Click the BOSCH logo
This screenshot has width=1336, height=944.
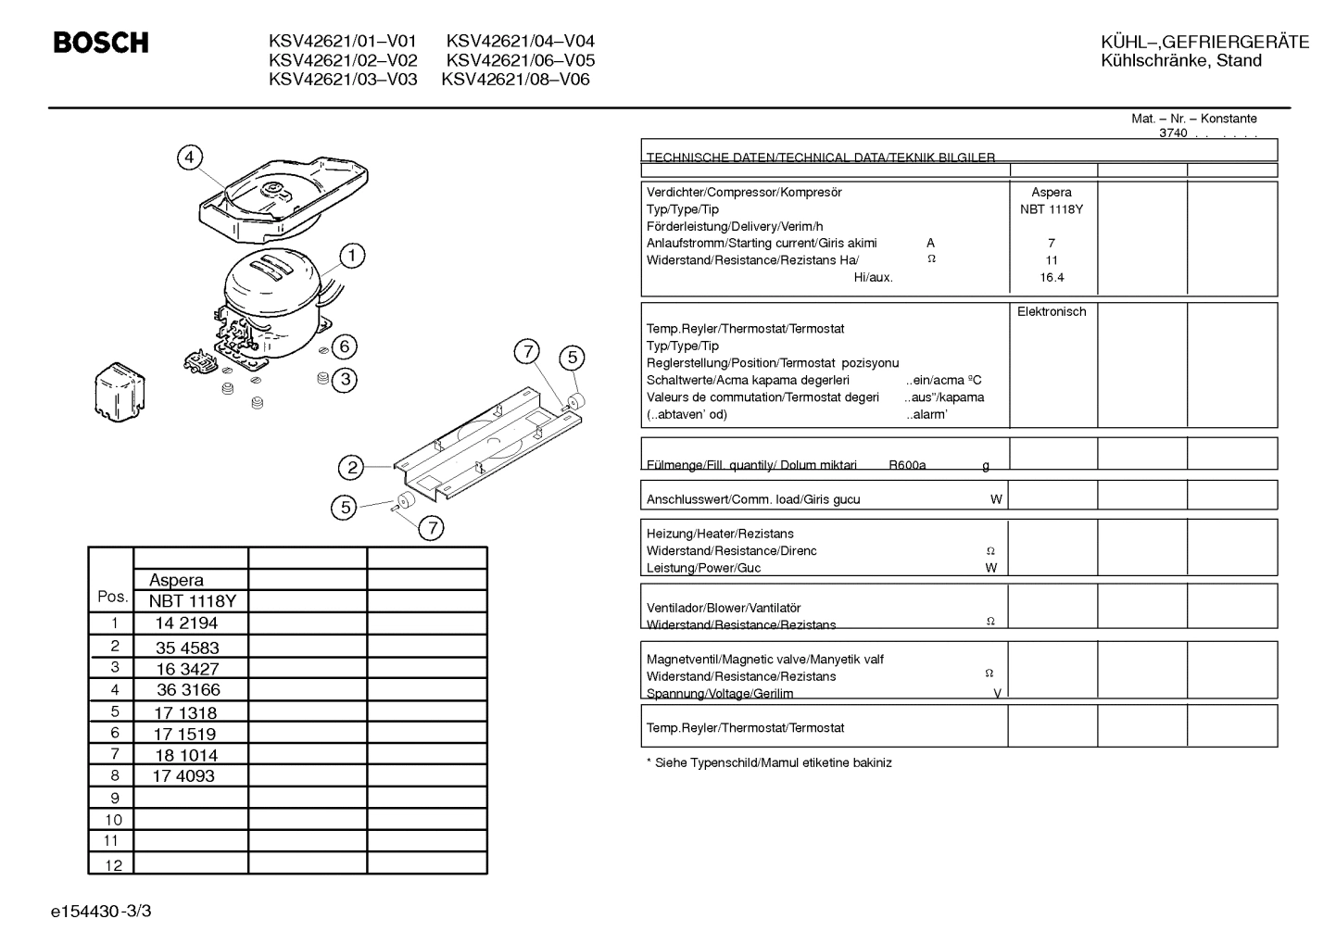(x=101, y=43)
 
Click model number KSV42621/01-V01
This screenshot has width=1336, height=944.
(x=343, y=41)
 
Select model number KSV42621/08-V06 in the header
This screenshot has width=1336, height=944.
(x=515, y=80)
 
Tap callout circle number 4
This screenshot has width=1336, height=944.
(x=190, y=157)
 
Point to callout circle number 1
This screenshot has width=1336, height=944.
(x=352, y=256)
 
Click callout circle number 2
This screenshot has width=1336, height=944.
(x=351, y=467)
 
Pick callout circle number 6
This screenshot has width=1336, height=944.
(x=344, y=346)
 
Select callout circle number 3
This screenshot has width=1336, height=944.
(x=345, y=380)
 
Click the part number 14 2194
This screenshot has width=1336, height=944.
(x=186, y=623)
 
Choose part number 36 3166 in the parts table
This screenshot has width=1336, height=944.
(x=188, y=690)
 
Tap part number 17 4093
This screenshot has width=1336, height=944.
(x=183, y=775)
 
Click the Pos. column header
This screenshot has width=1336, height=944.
(x=113, y=597)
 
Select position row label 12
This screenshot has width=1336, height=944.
(x=113, y=865)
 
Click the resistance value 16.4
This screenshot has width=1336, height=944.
(x=1052, y=277)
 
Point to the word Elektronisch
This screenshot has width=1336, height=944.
(x=1052, y=311)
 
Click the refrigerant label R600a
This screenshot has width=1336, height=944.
(x=907, y=465)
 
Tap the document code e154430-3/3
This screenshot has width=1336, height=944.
(x=101, y=912)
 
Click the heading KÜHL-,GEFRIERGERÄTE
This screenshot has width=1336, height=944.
(x=1204, y=42)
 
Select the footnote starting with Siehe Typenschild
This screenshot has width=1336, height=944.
(x=769, y=762)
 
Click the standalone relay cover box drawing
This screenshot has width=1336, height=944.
(x=120, y=392)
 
